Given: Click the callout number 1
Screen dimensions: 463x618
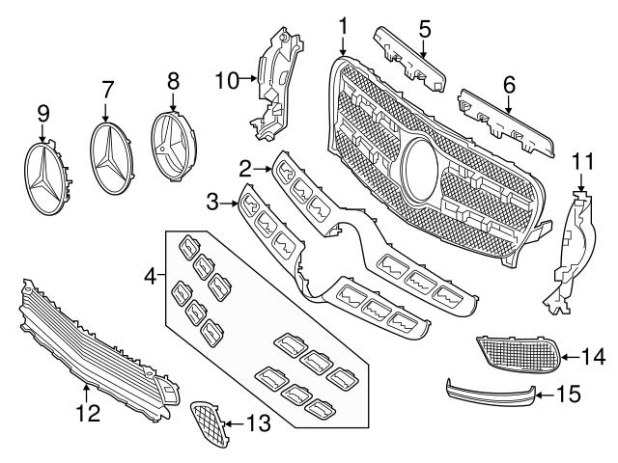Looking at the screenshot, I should point(343,22).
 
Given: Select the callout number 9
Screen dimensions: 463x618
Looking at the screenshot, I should point(42,113).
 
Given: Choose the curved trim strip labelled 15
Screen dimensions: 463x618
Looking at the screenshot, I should point(488,392).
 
